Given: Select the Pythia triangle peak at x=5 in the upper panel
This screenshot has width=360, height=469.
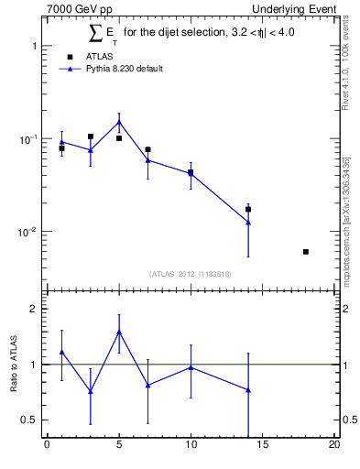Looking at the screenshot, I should click(x=119, y=123).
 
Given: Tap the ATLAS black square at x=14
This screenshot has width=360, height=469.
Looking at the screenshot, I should click(x=248, y=210).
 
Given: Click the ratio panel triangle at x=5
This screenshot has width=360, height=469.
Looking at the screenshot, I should click(x=119, y=332).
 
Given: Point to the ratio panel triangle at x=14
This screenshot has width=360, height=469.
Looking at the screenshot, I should click(x=248, y=390).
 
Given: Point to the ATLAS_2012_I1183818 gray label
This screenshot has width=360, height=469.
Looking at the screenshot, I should click(x=191, y=274).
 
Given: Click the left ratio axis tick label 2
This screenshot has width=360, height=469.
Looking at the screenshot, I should click(x=33, y=309).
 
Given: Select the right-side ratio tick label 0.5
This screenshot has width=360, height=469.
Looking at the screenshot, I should click(x=349, y=420).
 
